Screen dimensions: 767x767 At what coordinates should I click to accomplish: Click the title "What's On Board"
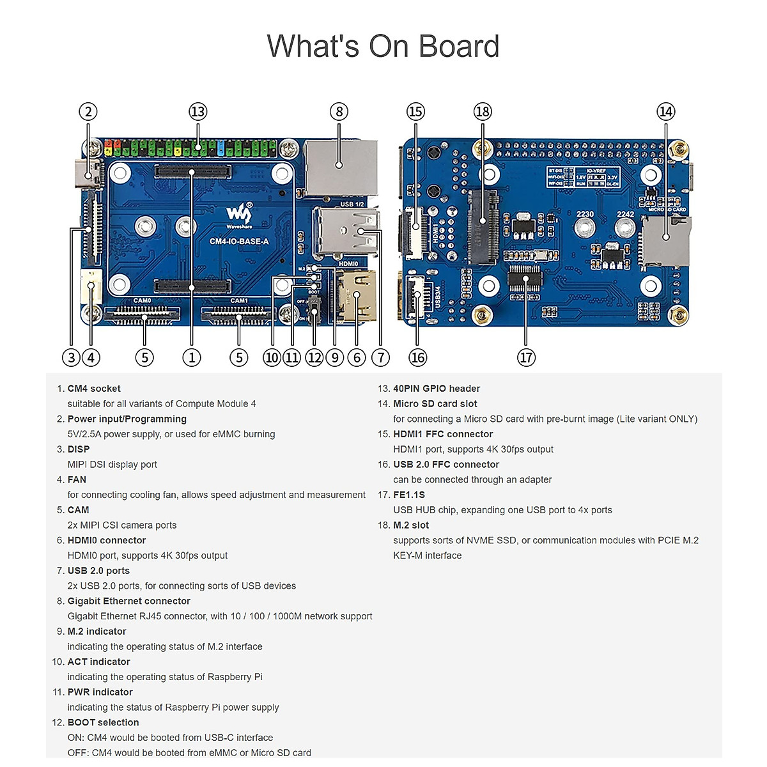click(x=383, y=46)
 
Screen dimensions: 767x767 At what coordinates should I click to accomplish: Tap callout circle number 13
click(x=198, y=112)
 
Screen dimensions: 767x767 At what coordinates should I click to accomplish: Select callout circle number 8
click(x=339, y=112)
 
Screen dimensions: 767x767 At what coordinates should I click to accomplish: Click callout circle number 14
click(x=665, y=112)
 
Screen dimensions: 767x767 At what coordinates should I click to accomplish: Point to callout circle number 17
click(x=525, y=357)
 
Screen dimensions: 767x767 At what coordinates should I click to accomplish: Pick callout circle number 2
click(x=88, y=112)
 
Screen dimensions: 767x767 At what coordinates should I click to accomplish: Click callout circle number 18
click(x=482, y=112)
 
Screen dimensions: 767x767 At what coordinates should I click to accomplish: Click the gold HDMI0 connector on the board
click(x=355, y=297)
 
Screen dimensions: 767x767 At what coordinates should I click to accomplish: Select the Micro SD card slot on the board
click(x=666, y=241)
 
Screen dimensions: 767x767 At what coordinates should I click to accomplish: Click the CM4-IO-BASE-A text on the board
click(x=239, y=241)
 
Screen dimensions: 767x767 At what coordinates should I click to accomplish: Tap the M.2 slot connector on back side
click(x=483, y=227)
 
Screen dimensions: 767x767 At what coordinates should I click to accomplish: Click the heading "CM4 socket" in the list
click(x=94, y=389)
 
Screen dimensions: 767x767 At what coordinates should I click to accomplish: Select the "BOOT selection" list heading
click(x=103, y=722)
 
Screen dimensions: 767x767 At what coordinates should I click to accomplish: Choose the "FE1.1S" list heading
click(x=409, y=495)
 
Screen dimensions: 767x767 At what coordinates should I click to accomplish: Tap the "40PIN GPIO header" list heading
click(x=437, y=389)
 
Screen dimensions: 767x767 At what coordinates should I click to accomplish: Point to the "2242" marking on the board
click(x=625, y=215)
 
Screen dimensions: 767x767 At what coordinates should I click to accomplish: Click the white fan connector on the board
click(x=91, y=286)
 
